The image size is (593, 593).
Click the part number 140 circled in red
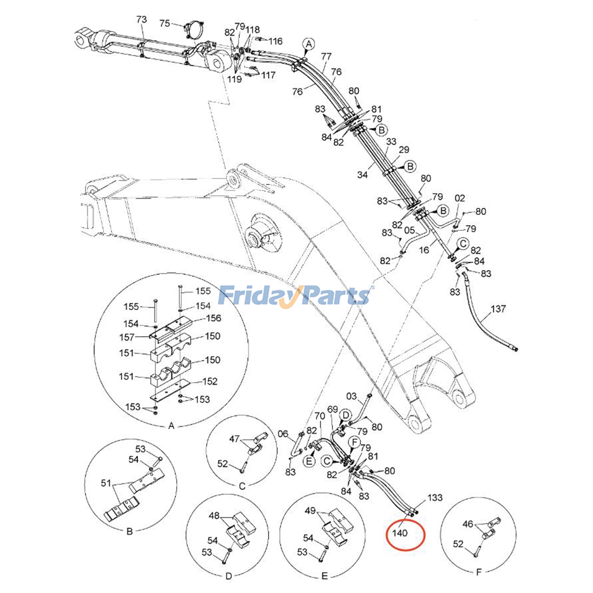(x=400, y=533)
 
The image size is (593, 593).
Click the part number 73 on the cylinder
(x=142, y=19)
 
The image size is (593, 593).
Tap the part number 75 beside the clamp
(x=165, y=23)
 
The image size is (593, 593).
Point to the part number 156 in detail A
(x=213, y=318)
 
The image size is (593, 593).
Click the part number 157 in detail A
(x=127, y=337)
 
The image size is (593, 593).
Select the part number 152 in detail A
(x=210, y=381)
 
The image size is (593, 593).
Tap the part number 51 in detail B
(x=106, y=483)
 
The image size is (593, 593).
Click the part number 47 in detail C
(x=234, y=439)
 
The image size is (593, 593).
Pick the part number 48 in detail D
(x=214, y=516)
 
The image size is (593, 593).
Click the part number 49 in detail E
(x=310, y=511)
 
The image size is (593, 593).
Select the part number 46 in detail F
(x=468, y=524)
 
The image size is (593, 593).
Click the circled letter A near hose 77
(x=309, y=44)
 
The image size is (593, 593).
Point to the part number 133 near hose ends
(x=435, y=497)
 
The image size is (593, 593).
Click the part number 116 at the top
(x=275, y=41)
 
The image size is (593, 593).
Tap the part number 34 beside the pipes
(x=362, y=174)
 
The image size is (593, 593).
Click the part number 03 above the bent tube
(x=351, y=396)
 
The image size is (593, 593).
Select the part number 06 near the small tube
(x=283, y=434)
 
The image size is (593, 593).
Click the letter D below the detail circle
(x=229, y=576)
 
